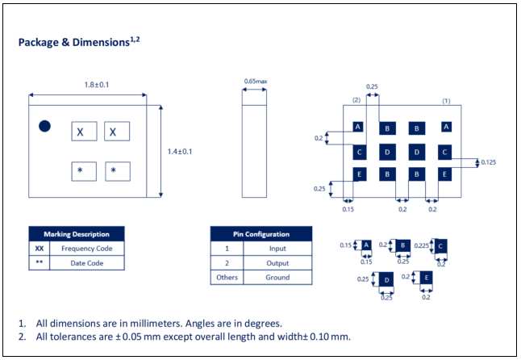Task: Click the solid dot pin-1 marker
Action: point(44,126)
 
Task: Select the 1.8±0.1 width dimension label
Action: point(96,85)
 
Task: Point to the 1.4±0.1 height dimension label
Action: point(180,152)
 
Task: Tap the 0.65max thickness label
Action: point(256,81)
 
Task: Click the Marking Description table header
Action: point(77,234)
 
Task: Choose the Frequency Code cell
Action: point(87,249)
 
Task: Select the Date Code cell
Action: point(87,263)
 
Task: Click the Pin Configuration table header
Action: point(261,234)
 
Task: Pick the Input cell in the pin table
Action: point(277,249)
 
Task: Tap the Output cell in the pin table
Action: point(277,263)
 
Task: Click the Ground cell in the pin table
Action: point(277,277)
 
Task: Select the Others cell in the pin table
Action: point(227,277)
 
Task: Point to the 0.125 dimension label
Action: point(488,162)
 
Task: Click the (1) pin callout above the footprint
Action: point(446,101)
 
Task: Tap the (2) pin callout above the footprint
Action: point(356,100)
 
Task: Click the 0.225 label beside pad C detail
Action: point(422,245)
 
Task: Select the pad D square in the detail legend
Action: point(386,280)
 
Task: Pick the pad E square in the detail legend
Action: point(427,278)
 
